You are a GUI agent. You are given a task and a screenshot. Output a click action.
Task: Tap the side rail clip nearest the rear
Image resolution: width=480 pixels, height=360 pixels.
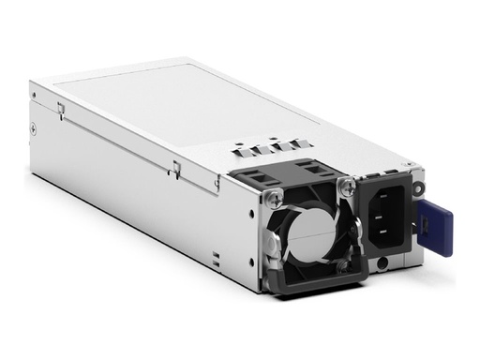(61, 109)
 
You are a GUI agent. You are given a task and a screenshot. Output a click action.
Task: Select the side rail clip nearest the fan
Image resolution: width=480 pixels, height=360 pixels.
(175, 169)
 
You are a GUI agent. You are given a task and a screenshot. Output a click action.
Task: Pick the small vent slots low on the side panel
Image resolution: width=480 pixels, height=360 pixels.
(215, 258)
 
